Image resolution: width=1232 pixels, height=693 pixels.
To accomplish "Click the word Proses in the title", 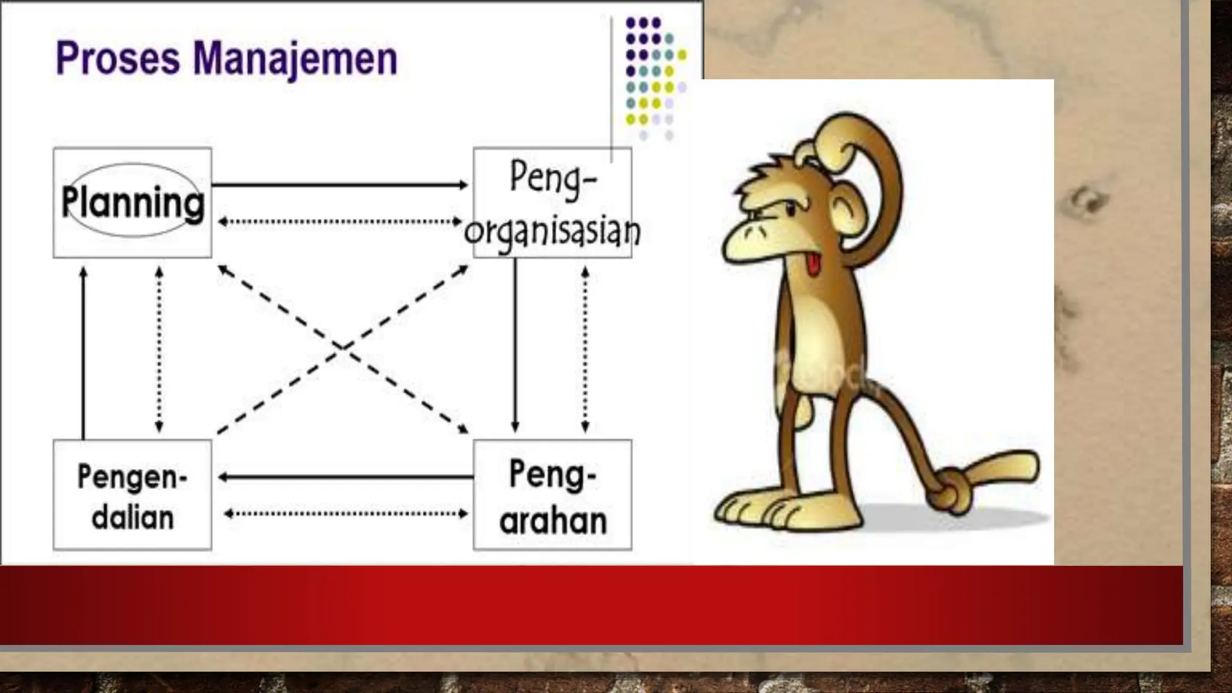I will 117,60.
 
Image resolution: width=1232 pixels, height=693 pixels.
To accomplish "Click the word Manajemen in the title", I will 295,60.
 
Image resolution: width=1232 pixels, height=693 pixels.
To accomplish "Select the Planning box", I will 132,203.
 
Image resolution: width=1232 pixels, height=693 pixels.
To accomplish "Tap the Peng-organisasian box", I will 552,203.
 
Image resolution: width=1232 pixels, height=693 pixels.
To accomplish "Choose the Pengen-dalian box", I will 132,495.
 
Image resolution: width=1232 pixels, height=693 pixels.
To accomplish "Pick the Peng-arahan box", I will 552,495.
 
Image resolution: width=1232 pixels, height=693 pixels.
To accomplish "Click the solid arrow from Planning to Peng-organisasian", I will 340,185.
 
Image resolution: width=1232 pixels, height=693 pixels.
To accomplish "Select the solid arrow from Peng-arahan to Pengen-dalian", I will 346,477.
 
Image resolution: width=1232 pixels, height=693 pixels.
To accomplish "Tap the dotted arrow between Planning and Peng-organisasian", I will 340,222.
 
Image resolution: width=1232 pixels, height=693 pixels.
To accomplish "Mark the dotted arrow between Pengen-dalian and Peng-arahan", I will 346,514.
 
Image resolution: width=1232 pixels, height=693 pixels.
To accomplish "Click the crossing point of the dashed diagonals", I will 342,347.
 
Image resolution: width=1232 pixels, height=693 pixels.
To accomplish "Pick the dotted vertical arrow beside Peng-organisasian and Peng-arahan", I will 585,349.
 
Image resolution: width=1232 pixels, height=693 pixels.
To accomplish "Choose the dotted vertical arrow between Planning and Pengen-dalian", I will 159,349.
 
